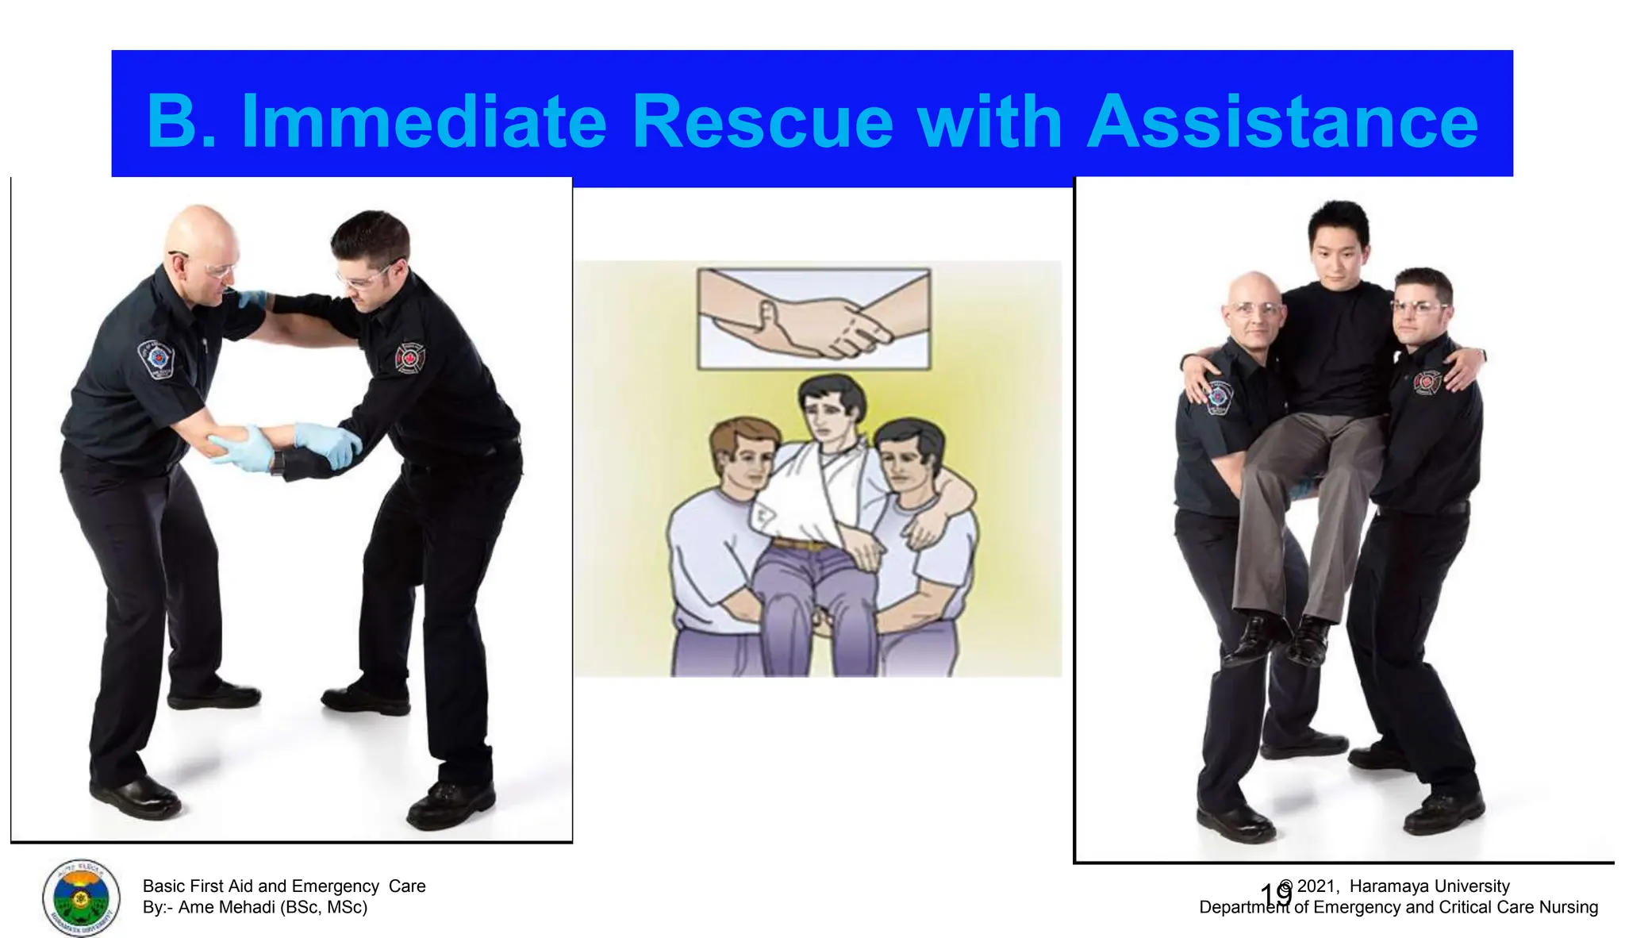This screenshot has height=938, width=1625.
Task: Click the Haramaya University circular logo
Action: [x=81, y=898]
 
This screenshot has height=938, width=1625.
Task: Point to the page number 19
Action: [x=1275, y=894]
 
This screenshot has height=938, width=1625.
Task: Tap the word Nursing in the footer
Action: [x=1568, y=907]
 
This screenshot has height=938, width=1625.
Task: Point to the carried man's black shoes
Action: [x=1281, y=639]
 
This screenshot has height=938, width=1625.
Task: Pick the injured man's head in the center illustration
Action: [x=831, y=409]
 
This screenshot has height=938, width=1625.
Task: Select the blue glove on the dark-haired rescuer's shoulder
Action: [x=252, y=299]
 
